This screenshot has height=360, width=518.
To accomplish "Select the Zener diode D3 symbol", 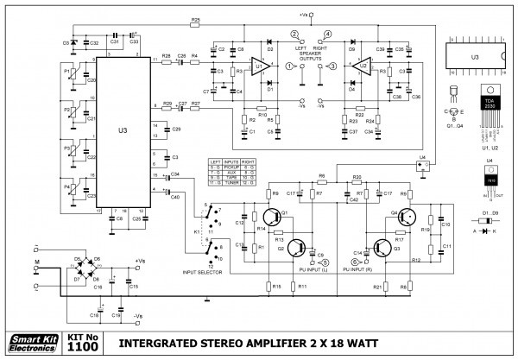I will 73,41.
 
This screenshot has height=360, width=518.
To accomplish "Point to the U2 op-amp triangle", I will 364,65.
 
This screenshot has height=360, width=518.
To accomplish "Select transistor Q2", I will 299,246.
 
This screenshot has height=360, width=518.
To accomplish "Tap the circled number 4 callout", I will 328,35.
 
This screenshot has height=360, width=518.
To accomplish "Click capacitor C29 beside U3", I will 164,129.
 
